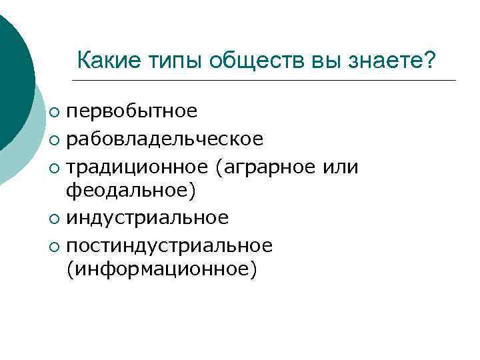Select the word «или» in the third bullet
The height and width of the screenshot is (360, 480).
coord(340,165)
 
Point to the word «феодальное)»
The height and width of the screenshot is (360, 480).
coord(131,192)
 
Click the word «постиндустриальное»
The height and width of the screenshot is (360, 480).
coord(169,245)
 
